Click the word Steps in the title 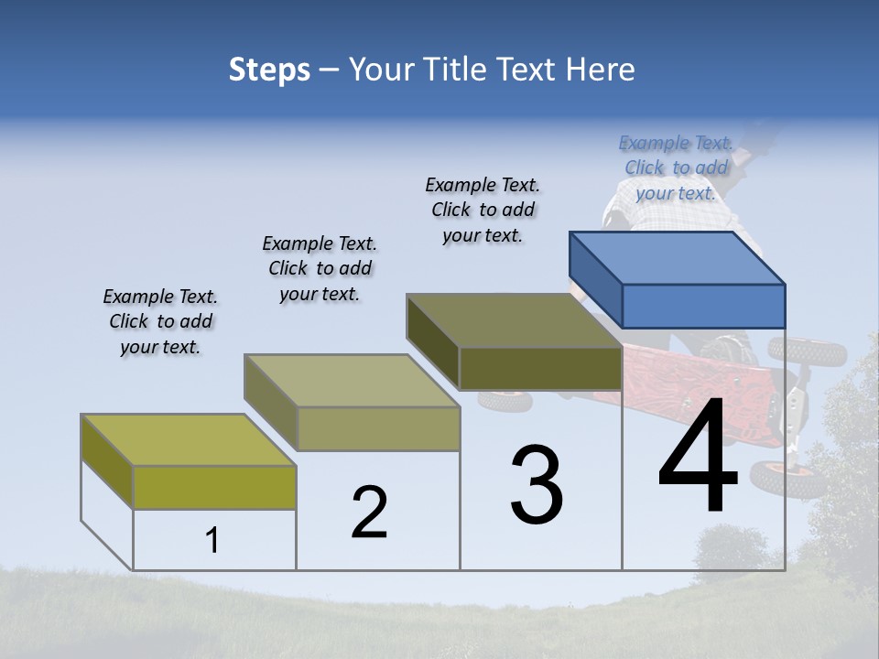pos(269,70)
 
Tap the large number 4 pos(699,458)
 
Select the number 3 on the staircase pos(537,485)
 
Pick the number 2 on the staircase pos(369,513)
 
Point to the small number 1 pos(212,541)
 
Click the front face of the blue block pos(703,306)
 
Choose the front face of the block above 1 pos(214,487)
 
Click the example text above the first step pos(160,321)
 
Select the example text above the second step pos(320,268)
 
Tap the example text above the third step pos(483,210)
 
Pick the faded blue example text pos(676,167)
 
